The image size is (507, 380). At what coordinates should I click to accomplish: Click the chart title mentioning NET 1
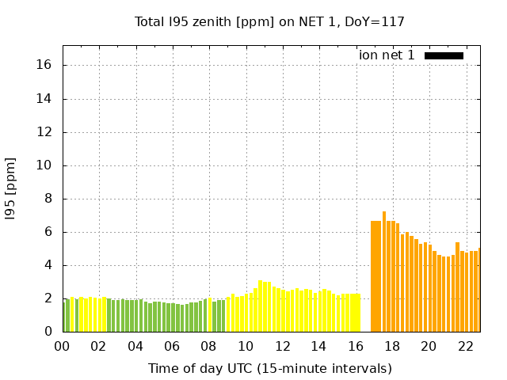269,21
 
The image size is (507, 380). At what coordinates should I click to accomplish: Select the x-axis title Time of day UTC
269,368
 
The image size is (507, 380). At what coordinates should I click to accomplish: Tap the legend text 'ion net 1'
387,55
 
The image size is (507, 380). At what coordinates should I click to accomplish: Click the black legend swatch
444,55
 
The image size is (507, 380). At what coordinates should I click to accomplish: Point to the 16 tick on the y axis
45,65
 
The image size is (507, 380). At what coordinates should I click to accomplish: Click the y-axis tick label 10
45,165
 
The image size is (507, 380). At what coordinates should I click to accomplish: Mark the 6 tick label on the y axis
48,232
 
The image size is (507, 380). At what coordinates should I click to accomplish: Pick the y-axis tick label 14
45,99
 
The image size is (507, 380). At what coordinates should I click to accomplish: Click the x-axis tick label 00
62,346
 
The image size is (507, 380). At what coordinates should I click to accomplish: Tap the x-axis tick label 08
208,346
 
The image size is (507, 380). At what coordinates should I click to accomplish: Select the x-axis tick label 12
281,346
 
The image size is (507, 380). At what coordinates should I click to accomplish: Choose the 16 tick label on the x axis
355,346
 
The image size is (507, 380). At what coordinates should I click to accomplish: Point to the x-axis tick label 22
465,346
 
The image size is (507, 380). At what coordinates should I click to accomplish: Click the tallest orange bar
384,272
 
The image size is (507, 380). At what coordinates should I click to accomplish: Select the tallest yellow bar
261,306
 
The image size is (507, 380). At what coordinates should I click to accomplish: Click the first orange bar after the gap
373,276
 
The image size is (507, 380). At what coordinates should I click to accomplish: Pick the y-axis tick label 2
48,298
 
